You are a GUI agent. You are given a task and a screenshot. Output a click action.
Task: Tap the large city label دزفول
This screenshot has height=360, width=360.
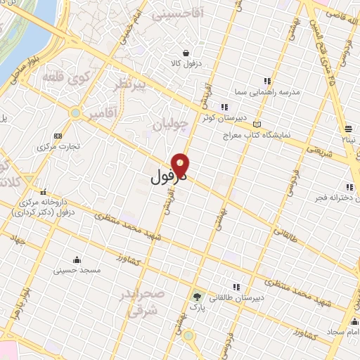(167, 177)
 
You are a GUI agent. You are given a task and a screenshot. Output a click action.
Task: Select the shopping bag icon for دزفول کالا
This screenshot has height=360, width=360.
(185, 53)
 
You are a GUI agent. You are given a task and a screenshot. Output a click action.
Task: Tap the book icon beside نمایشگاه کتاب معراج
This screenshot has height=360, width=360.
(257, 124)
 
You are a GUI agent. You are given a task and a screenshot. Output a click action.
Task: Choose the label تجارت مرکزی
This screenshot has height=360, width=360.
(58, 146)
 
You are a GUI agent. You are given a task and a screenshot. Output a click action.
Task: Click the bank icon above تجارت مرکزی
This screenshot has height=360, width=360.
(57, 136)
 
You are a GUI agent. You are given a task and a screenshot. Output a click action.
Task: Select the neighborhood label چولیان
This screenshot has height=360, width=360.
(170, 125)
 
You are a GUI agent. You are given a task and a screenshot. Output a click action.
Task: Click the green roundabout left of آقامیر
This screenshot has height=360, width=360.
(75, 112)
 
